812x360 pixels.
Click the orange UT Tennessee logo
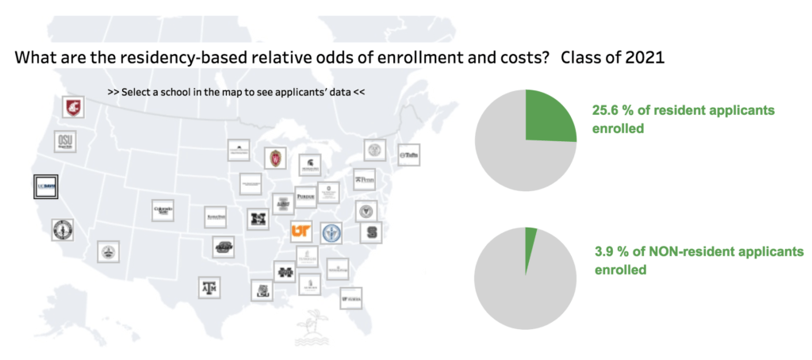[301, 230]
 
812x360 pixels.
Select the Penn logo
[363, 179]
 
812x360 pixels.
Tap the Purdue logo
[305, 197]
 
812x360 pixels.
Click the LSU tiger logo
[262, 290]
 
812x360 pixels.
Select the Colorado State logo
[163, 210]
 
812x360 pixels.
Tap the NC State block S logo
[370, 233]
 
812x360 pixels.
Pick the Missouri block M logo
[258, 219]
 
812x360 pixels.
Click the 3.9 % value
[605, 252]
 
